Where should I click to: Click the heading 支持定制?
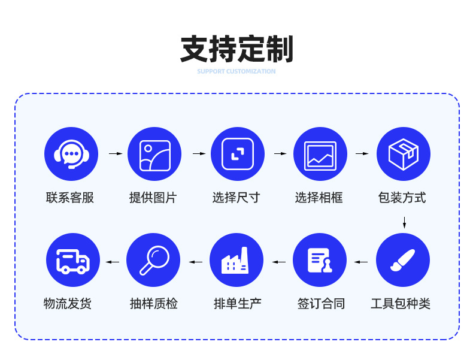[236, 50]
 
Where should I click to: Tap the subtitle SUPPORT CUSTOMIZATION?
[236, 71]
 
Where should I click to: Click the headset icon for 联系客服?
[71, 154]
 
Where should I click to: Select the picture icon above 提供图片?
[154, 154]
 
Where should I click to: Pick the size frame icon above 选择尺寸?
[237, 154]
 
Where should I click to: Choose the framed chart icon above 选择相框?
[320, 154]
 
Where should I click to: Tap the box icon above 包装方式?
[403, 154]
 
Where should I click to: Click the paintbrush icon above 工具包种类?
[402, 260]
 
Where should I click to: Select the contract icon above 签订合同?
[320, 260]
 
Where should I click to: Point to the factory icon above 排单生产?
[236, 260]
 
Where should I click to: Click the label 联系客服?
[70, 198]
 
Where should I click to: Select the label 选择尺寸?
[236, 198]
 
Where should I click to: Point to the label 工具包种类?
[401, 304]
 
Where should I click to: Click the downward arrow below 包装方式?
[404, 223]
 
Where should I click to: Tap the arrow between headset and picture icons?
[115, 154]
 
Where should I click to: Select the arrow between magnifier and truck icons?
[113, 262]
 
